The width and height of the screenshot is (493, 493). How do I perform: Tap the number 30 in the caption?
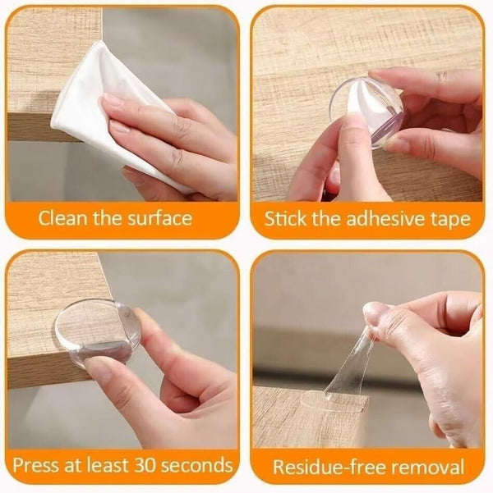tap(143, 465)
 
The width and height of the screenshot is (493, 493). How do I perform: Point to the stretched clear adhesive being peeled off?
tap(353, 369)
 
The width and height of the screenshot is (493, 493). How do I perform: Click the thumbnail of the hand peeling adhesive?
tap(375, 313)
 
